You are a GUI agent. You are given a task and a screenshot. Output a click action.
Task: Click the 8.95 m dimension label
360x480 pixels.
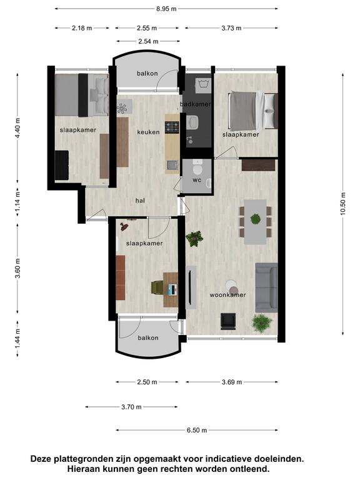tap(166, 9)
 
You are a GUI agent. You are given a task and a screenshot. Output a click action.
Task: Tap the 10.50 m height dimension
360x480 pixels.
tap(342, 204)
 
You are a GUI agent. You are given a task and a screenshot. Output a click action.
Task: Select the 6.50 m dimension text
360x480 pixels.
tap(197, 430)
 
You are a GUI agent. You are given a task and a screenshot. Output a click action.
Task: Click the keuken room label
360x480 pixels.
tap(148, 132)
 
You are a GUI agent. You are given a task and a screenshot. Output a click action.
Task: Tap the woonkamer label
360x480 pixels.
tap(227, 295)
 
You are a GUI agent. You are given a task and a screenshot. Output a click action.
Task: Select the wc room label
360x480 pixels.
tap(197, 180)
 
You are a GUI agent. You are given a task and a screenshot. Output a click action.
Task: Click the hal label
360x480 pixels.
tap(140, 201)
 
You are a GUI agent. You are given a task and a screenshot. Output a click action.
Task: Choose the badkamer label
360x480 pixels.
tap(195, 104)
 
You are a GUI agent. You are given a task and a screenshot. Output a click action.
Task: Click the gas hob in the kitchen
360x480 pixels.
tap(172, 127)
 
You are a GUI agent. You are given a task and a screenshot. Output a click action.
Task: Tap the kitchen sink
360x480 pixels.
tap(172, 165)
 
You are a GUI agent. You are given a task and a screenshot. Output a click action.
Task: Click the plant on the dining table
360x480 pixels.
tap(255, 219)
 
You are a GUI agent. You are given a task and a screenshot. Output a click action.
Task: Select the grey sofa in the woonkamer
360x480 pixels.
tap(266, 287)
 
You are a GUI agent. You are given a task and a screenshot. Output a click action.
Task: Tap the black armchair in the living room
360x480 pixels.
tap(228, 321)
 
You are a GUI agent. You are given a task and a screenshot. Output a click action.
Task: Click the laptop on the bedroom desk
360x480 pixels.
tap(173, 289)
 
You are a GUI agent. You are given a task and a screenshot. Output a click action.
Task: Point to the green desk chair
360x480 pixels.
tap(157, 287)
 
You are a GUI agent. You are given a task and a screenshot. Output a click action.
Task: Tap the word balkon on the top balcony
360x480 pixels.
tap(147, 74)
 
